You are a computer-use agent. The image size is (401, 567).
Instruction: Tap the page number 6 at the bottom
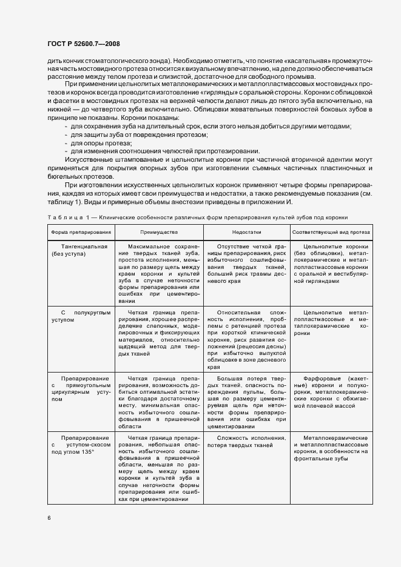click(x=49, y=518)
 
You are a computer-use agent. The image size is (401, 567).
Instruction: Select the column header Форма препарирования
click(x=73, y=232)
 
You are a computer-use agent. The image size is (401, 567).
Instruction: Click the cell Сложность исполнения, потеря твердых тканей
click(x=246, y=441)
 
